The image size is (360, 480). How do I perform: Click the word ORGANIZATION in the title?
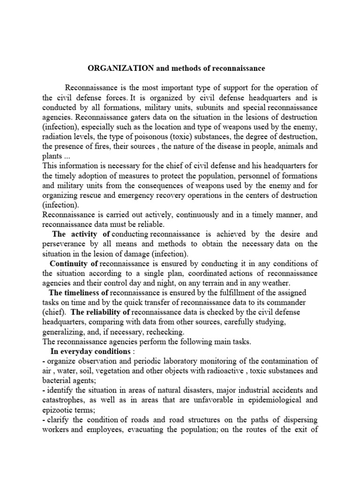tap(121, 68)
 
